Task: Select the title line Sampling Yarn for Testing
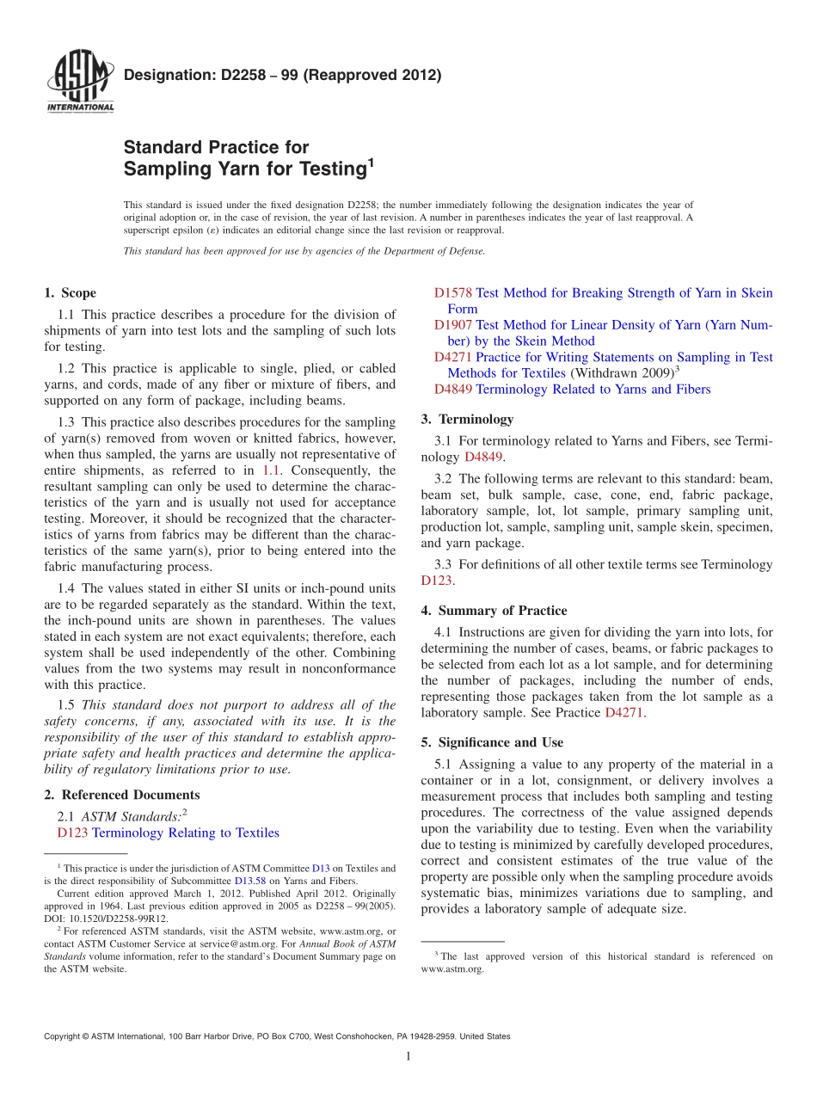pyautogui.click(x=245, y=169)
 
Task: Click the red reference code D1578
pyautogui.click(x=453, y=293)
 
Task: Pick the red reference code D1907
pyautogui.click(x=453, y=325)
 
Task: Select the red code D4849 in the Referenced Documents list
pyautogui.click(x=453, y=390)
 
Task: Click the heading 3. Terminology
pyautogui.click(x=467, y=420)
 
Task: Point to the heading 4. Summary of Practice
pyautogui.click(x=494, y=611)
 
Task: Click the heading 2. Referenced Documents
pyautogui.click(x=121, y=795)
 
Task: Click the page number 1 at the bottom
pyautogui.click(x=408, y=1056)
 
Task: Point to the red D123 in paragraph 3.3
pyautogui.click(x=436, y=581)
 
